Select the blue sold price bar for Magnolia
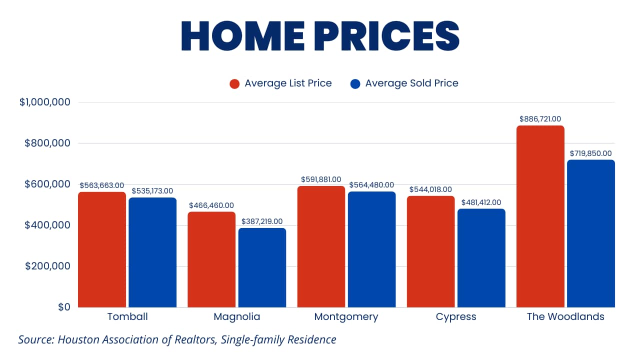(x=262, y=267)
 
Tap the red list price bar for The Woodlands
(x=540, y=216)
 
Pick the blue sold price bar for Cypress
(x=481, y=258)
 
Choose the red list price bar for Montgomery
(x=321, y=246)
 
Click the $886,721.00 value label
(x=540, y=119)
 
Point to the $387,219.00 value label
(x=262, y=221)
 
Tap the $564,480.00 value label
(x=371, y=185)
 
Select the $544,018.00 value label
(x=430, y=189)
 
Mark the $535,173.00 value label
(x=152, y=191)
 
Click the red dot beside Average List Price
(x=234, y=83)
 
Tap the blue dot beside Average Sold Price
(x=355, y=83)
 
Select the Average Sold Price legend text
(x=411, y=83)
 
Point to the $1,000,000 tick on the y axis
(x=44, y=102)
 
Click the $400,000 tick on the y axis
(x=47, y=225)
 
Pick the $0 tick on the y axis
(x=63, y=307)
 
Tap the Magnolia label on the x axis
(x=237, y=316)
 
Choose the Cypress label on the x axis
(x=456, y=316)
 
